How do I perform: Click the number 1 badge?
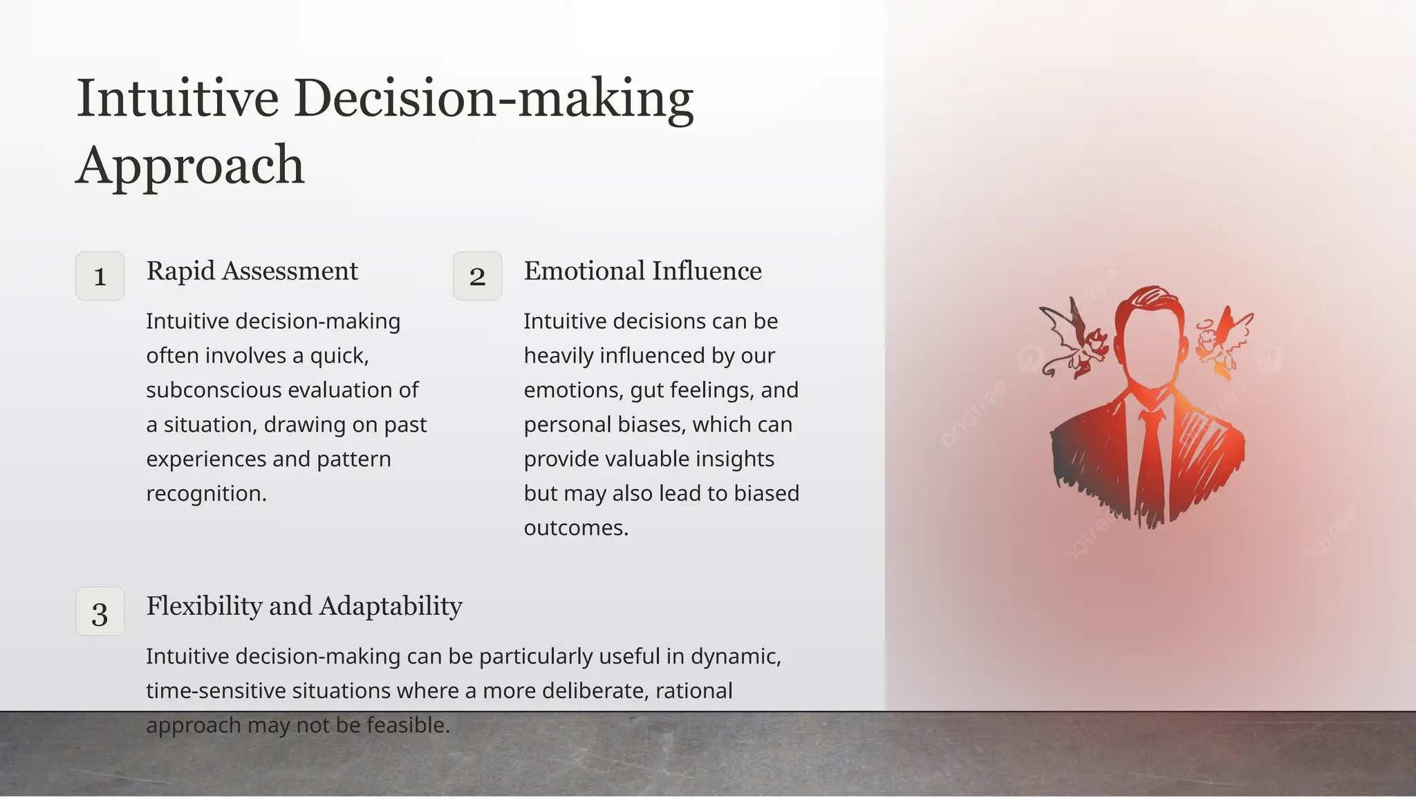(x=100, y=276)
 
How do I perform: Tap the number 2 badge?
(x=477, y=276)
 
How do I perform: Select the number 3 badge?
(x=100, y=612)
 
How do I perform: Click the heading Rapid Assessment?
(x=252, y=271)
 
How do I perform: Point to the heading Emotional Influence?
(x=642, y=271)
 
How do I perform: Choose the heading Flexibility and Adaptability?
(x=304, y=606)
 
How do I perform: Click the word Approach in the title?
(x=190, y=165)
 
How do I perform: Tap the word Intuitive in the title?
(x=177, y=98)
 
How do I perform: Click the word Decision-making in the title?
(x=494, y=98)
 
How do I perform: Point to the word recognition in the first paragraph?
(x=205, y=493)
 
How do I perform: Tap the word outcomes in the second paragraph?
(x=575, y=528)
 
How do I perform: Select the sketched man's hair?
(x=1148, y=301)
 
